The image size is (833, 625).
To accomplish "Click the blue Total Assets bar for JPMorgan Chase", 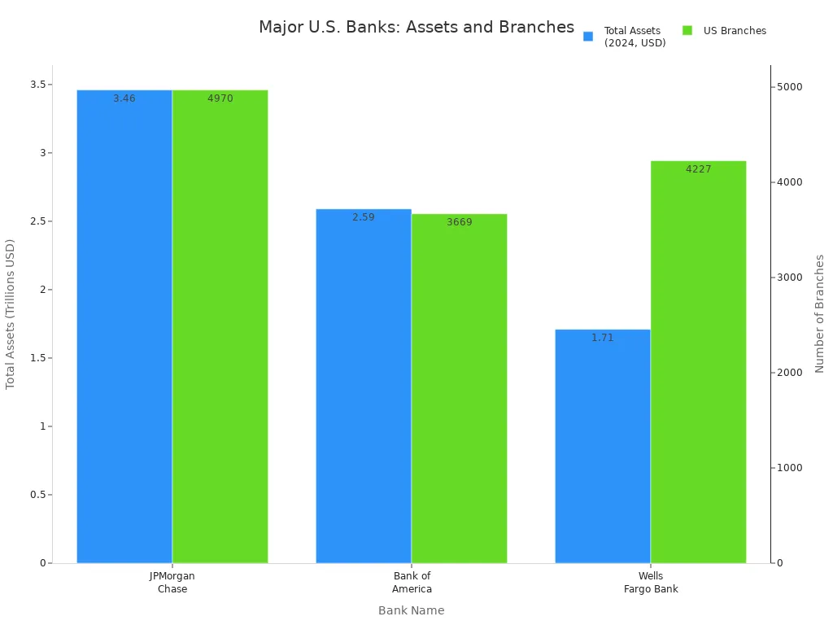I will point(124,326).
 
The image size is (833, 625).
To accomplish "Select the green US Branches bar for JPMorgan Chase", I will point(220,326).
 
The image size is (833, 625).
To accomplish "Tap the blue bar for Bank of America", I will point(364,386).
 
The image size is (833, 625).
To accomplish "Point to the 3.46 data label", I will point(124,98).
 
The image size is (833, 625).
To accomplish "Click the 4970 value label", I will point(220,98).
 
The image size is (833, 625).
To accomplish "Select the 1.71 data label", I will point(603,338).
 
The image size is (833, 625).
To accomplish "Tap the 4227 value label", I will point(698,169).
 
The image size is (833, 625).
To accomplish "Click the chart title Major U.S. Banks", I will point(416,27).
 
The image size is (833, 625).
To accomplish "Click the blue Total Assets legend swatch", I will point(588,37).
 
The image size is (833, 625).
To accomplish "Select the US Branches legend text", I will point(735,31).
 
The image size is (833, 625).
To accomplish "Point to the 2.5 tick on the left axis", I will point(35,221).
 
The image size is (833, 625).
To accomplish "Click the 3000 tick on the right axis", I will point(788,278).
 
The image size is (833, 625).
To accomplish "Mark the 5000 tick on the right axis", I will point(788,87).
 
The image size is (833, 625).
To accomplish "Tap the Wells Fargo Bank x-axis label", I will point(651,583).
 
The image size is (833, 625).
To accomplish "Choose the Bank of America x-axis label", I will point(412,583).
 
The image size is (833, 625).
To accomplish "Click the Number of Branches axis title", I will point(819,313).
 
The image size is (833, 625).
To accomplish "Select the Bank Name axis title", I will point(411,610).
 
